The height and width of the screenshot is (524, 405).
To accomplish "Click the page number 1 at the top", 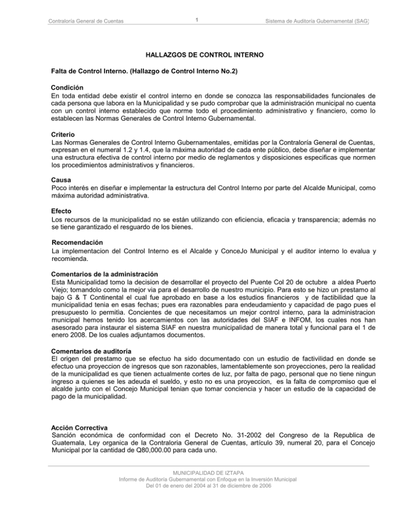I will (196, 20).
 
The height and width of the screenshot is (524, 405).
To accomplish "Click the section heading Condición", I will (67, 88).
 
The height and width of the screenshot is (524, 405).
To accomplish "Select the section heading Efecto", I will (62, 209).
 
